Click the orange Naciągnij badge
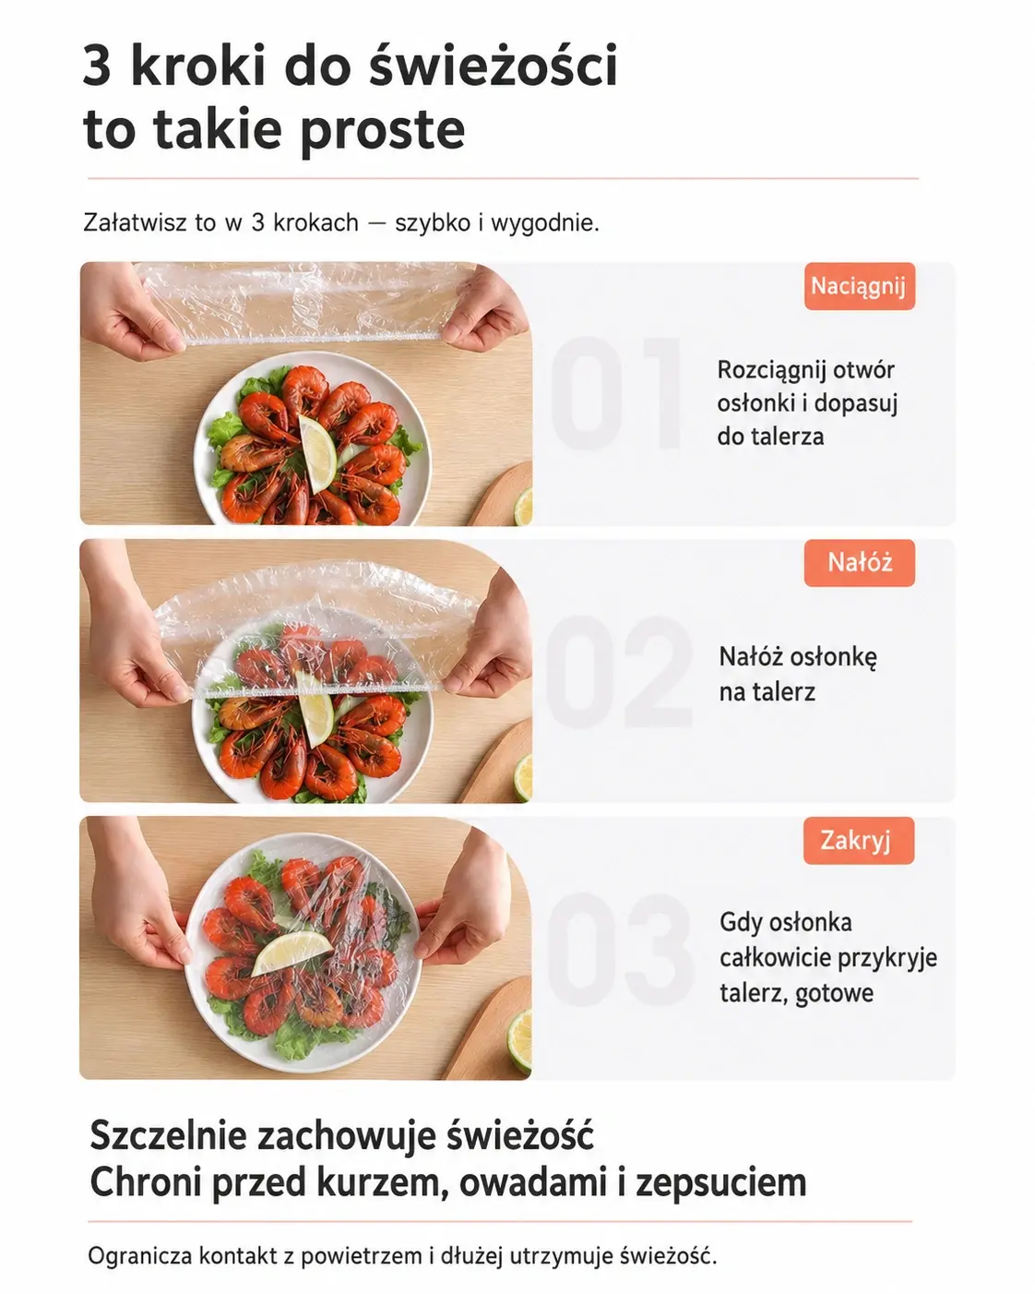(860, 286)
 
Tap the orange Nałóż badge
(860, 563)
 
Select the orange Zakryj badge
(858, 840)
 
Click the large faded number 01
(616, 393)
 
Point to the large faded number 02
(619, 671)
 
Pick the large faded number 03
(619, 949)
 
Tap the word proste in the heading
(382, 130)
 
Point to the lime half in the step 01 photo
(524, 507)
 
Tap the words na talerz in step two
(767, 693)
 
